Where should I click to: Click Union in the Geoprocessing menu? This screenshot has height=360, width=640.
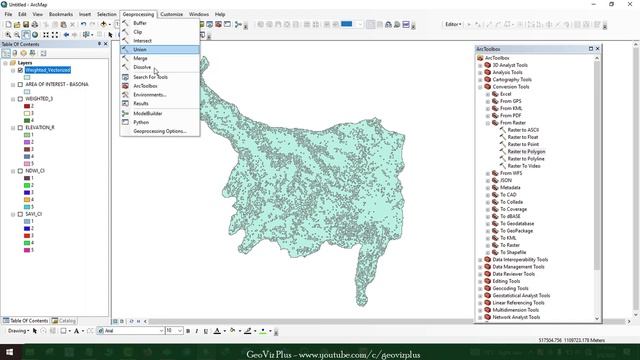[x=140, y=49]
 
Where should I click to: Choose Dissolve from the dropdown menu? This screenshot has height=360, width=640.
[x=142, y=67]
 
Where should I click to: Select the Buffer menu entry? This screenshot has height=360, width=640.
[x=139, y=23]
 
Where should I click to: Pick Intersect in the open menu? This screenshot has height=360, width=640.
[x=143, y=40]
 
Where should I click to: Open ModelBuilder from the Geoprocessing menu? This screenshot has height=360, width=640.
[x=147, y=113]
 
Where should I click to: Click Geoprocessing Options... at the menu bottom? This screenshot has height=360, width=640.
[x=160, y=131]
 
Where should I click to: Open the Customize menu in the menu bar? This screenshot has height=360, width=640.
[x=171, y=14]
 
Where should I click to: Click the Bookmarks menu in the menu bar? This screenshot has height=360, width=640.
[x=61, y=14]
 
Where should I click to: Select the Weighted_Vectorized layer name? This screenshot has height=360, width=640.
[x=49, y=70]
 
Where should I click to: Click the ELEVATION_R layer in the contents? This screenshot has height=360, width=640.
[x=40, y=128]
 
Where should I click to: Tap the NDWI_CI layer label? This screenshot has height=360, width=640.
[x=35, y=171]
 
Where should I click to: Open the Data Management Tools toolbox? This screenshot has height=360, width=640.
[x=520, y=267]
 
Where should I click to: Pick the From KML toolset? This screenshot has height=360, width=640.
[x=512, y=108]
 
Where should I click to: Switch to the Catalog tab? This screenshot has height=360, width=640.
[x=67, y=320]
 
